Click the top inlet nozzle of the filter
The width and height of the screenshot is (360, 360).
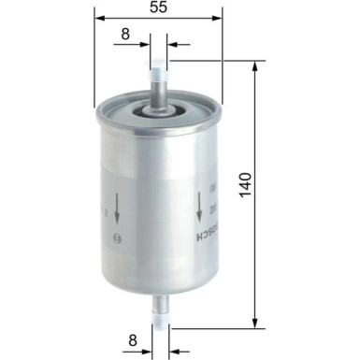[x=158, y=79]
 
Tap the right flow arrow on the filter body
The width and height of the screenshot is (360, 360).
[x=199, y=205]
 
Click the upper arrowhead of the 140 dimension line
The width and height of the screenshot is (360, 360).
[x=255, y=66]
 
